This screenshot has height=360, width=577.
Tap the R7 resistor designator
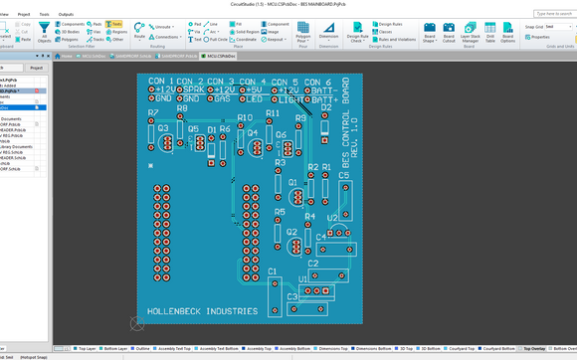(x=152, y=113)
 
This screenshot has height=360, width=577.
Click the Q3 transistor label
(x=162, y=128)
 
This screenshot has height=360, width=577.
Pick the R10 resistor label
(x=245, y=117)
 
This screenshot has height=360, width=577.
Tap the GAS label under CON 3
(x=222, y=99)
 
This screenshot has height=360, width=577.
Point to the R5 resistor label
(x=280, y=212)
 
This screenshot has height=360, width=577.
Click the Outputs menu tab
(x=66, y=15)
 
